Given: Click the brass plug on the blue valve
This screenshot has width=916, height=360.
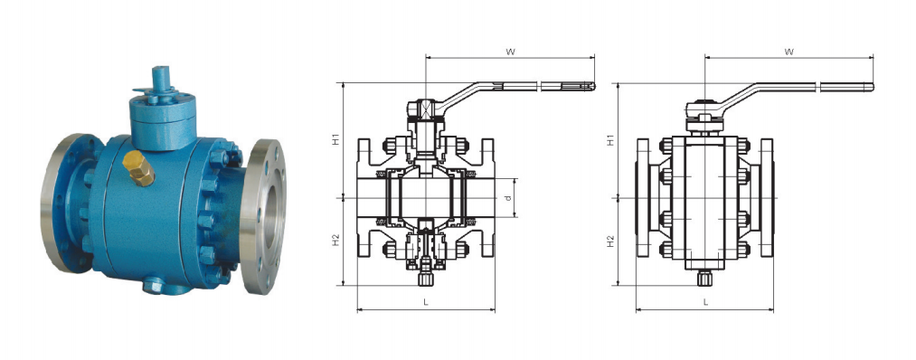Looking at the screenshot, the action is pyautogui.click(x=138, y=167).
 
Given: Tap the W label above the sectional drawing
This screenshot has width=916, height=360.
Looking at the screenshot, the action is pyautogui.click(x=510, y=52).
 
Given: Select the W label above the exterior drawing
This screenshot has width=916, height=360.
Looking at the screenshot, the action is pyautogui.click(x=789, y=52).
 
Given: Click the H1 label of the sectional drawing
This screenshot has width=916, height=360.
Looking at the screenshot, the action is pyautogui.click(x=335, y=140).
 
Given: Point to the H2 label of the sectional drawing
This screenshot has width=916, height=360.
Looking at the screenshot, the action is pyautogui.click(x=335, y=240).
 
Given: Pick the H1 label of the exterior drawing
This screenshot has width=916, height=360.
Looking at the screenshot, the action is pyautogui.click(x=610, y=140).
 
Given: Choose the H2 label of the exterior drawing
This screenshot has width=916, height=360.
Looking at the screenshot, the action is pyautogui.click(x=610, y=241).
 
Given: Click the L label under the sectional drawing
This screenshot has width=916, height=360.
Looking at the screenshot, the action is pyautogui.click(x=426, y=302).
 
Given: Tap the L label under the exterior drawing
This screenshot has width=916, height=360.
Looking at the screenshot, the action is pyautogui.click(x=705, y=302).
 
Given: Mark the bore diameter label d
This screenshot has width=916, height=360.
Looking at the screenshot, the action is pyautogui.click(x=509, y=197).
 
